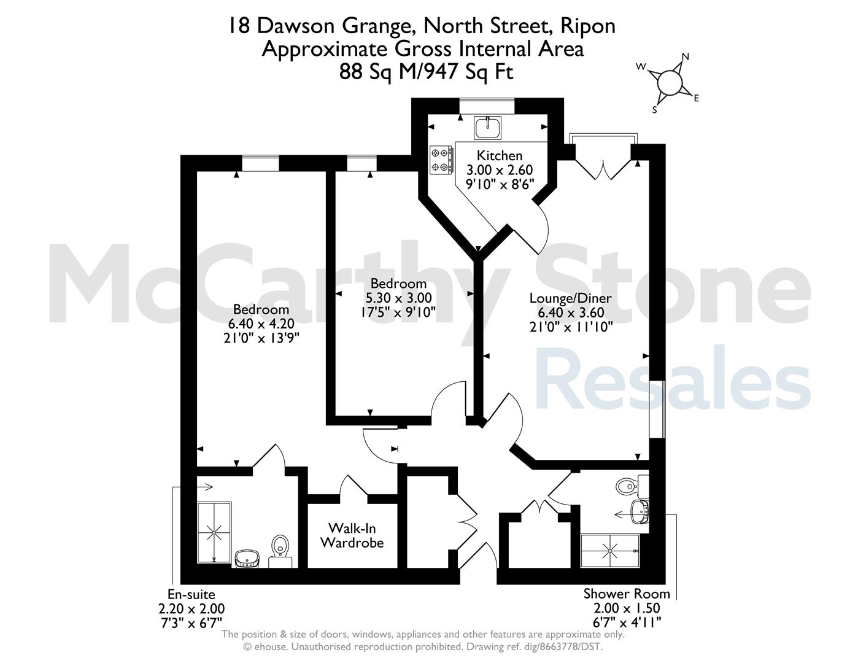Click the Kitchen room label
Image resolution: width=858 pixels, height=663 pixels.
pos(499,155)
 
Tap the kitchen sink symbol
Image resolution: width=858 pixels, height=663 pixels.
pos(488,128)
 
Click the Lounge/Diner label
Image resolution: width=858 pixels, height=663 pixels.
pos(571,298)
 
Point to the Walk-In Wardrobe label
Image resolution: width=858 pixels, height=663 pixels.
pos(352,535)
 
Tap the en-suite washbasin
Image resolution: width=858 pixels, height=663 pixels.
pos(247,559)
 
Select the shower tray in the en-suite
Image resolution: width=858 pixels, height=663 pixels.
pos(214,532)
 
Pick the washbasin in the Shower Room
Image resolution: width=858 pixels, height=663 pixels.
pos(640,512)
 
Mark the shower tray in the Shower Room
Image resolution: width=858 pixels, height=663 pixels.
pos(609,551)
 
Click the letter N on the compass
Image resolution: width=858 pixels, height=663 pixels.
pos(686,56)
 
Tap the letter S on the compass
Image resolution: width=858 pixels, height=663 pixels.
pos(654,110)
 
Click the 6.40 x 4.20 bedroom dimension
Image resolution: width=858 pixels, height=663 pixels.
pos(261,324)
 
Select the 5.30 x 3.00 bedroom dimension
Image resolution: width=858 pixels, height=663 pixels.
pos(398,298)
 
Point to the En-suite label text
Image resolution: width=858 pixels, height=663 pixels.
pos(191,594)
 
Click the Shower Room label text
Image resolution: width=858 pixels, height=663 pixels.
pos(627,594)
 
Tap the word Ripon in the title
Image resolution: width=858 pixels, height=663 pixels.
pos(588,27)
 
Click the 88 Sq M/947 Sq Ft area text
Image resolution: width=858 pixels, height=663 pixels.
pos(426,72)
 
